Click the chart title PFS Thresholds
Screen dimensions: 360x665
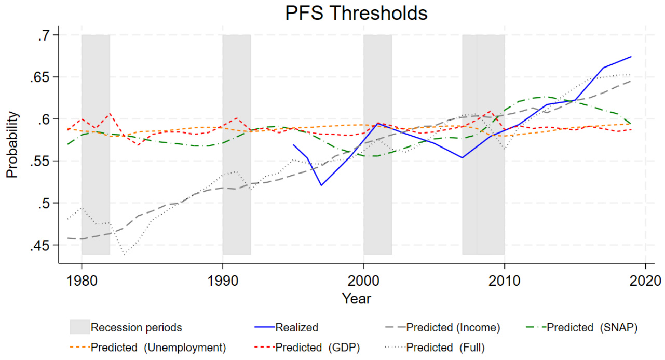pyautogui.click(x=356, y=14)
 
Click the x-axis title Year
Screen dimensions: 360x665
pyautogui.click(x=356, y=299)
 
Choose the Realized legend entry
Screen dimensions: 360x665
pyautogui.click(x=296, y=328)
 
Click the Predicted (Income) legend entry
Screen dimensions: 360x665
pyautogui.click(x=453, y=328)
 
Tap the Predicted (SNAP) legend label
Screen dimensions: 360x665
pyautogui.click(x=592, y=328)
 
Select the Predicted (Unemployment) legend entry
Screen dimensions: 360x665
pyautogui.click(x=158, y=348)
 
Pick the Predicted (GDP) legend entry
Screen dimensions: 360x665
pyautogui.click(x=318, y=348)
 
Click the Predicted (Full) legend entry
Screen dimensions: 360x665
pyautogui.click(x=445, y=348)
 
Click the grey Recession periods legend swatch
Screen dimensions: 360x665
pyautogui.click(x=80, y=327)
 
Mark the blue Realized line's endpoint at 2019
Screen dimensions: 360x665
pyautogui.click(x=631, y=57)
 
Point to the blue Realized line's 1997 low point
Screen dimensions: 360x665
pyautogui.click(x=321, y=185)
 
